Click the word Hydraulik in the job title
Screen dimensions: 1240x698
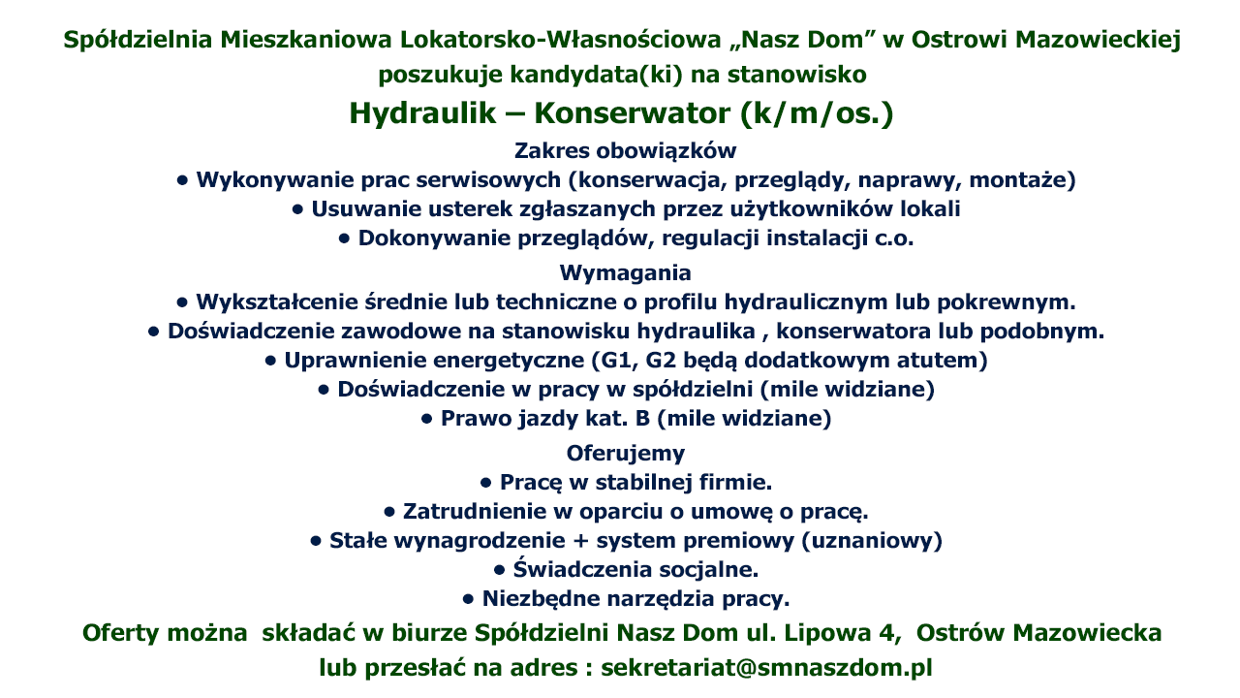(422, 113)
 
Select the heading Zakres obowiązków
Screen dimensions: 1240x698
(626, 150)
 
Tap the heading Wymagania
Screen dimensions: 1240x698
(626, 273)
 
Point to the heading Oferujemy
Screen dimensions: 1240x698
(626, 453)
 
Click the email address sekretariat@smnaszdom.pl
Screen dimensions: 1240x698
(766, 668)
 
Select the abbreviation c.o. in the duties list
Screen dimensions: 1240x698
(894, 238)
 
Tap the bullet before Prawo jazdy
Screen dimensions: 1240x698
(426, 420)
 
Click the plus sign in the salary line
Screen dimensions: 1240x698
(580, 541)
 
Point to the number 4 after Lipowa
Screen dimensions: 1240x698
(886, 633)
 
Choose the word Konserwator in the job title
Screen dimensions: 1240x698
(633, 113)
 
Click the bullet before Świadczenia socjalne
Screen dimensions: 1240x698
(499, 570)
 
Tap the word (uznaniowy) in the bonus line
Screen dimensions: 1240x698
(872, 541)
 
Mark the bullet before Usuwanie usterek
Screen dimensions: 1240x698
(297, 209)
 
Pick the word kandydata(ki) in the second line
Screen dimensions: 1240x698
(596, 75)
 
